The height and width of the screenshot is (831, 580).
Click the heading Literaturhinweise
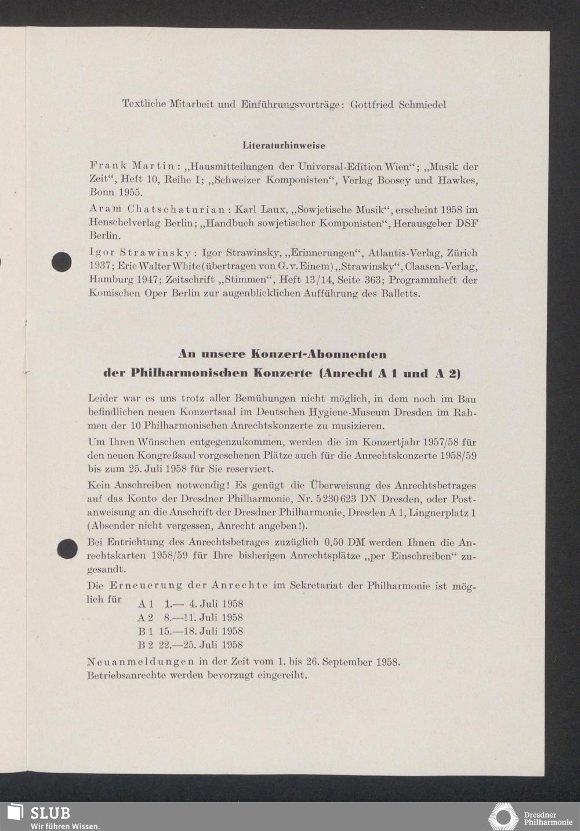[x=284, y=146]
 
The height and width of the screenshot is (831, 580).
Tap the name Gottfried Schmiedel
[x=398, y=104]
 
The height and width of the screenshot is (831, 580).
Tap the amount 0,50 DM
[x=345, y=543]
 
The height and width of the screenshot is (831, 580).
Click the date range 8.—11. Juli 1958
[x=203, y=618]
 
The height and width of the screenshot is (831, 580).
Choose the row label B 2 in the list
[x=145, y=645]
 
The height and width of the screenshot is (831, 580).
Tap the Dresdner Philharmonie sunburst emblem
[x=502, y=817]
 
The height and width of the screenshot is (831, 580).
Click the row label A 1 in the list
[x=145, y=604]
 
